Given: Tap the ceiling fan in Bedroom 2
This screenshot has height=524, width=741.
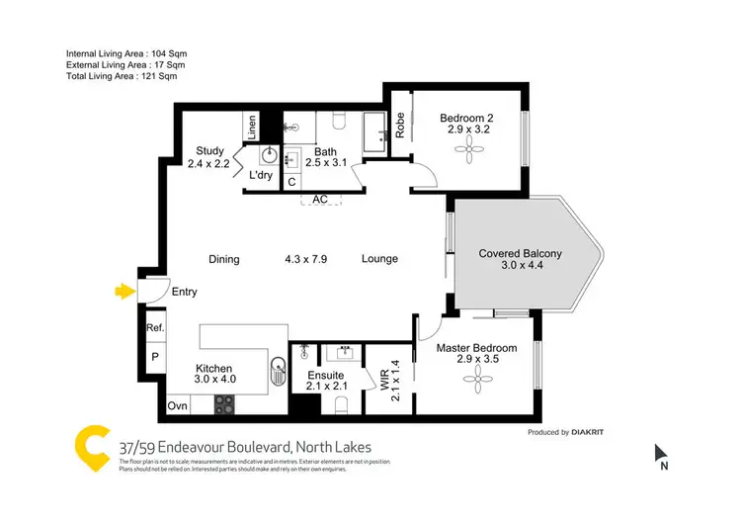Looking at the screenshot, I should [x=466, y=150].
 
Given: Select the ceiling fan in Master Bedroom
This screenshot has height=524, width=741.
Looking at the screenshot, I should [x=479, y=375].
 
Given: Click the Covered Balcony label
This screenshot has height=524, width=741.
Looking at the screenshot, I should [x=520, y=254].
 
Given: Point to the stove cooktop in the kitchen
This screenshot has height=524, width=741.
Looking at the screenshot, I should [x=225, y=404].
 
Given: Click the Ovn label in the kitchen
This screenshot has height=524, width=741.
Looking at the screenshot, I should [x=178, y=405].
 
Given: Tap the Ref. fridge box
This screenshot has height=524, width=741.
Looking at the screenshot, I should [x=154, y=328].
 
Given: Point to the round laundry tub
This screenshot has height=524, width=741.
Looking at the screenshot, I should [x=270, y=156].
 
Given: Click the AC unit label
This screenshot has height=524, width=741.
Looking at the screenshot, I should [x=319, y=199].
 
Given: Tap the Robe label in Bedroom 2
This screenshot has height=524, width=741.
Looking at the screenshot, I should [x=400, y=125].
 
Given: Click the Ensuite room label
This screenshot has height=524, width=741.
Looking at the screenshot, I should [x=325, y=376].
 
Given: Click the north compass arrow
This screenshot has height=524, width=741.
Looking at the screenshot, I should [x=661, y=456].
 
